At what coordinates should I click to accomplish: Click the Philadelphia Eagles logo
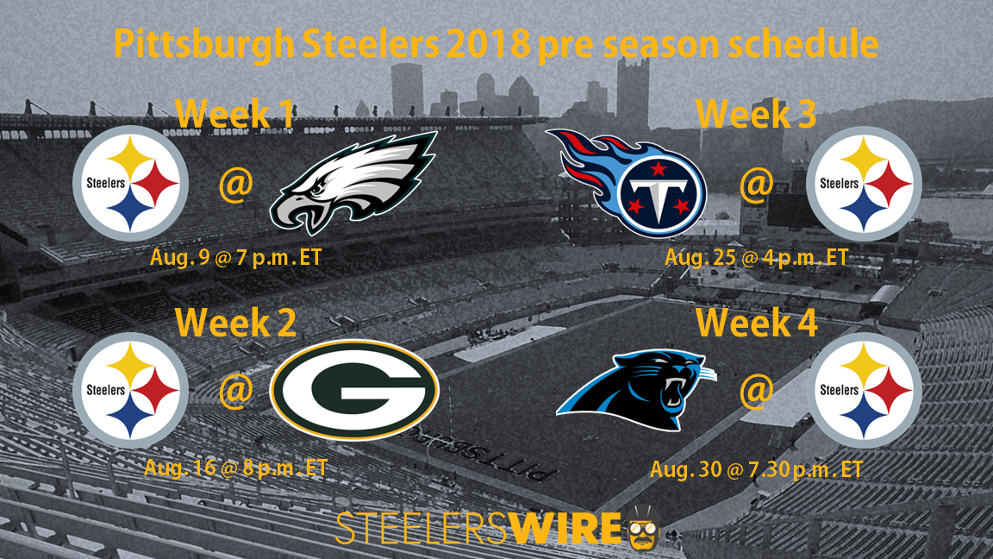coord(353,183)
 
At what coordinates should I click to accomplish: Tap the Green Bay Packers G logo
coord(354,390)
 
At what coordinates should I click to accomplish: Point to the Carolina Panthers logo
coord(636,391)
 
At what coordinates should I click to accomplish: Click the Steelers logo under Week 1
coord(130,183)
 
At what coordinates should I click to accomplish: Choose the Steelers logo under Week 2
coord(130,390)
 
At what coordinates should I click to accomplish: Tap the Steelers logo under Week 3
coord(864,184)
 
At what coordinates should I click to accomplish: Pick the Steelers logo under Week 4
coord(864,391)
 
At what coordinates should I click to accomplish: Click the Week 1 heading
coord(235,113)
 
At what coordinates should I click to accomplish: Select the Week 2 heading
coord(235,322)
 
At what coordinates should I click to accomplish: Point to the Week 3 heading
coord(756,114)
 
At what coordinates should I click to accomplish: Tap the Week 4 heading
coord(757,322)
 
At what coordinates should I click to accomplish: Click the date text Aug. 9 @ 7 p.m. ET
coord(236,258)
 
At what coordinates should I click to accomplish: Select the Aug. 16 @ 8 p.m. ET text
coord(236,468)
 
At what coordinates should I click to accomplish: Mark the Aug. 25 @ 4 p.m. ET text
coord(757,257)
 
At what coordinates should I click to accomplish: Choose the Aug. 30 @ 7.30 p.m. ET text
coord(757,469)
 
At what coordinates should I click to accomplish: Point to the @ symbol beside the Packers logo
coord(236,390)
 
